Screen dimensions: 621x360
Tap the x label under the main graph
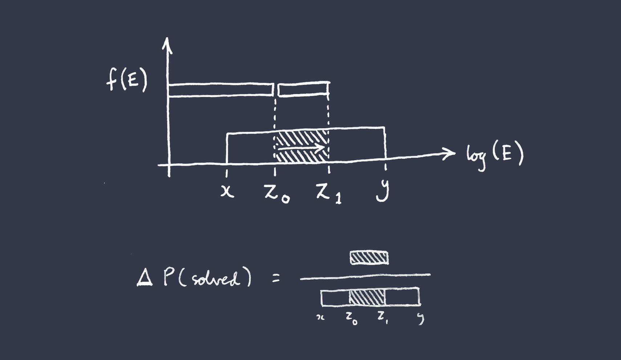coord(227,191)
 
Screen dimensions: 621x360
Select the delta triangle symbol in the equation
coord(145,279)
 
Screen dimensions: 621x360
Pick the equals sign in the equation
coord(276,279)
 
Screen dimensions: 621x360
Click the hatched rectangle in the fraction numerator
coord(369,258)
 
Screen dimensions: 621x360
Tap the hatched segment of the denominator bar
coord(367,297)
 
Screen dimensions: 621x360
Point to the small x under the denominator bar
coord(320,317)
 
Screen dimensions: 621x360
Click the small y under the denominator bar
coord(421,319)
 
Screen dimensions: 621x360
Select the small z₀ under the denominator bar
coord(351,319)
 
